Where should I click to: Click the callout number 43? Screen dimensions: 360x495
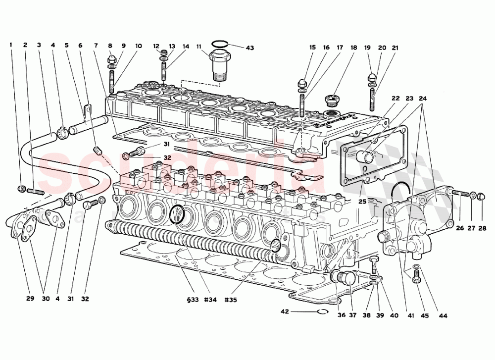[250, 48]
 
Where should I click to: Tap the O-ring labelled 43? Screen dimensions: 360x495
[220, 43]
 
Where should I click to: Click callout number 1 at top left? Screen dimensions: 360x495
[10, 45]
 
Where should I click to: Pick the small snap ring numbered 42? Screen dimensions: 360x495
[323, 311]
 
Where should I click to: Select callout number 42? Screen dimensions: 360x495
[284, 311]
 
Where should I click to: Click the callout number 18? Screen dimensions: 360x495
[353, 48]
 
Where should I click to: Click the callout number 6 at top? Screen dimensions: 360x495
[80, 45]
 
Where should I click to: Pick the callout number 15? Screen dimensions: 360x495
[312, 48]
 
